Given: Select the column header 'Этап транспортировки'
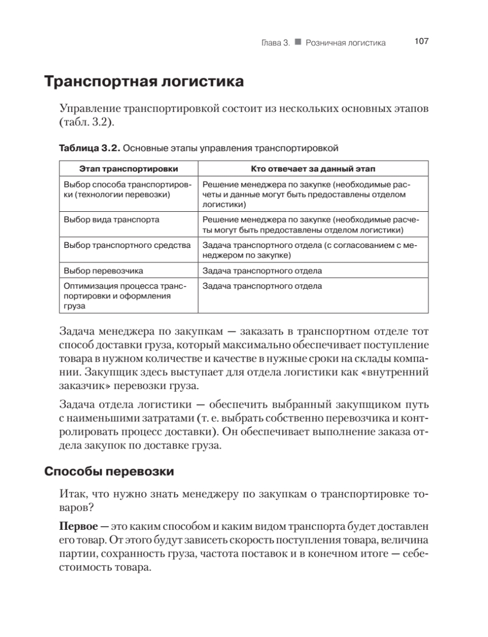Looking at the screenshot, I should pos(128,169).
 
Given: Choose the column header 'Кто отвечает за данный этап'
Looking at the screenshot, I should pos(313,169).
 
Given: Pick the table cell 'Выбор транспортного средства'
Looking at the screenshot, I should pos(127,245).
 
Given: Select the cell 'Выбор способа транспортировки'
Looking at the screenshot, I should pos(126,190).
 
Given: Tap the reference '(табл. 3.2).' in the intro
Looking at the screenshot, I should pos(86,123).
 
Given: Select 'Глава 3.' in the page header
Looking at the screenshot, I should pos(274,42).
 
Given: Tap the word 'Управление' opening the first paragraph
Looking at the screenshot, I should pos(89,109).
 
